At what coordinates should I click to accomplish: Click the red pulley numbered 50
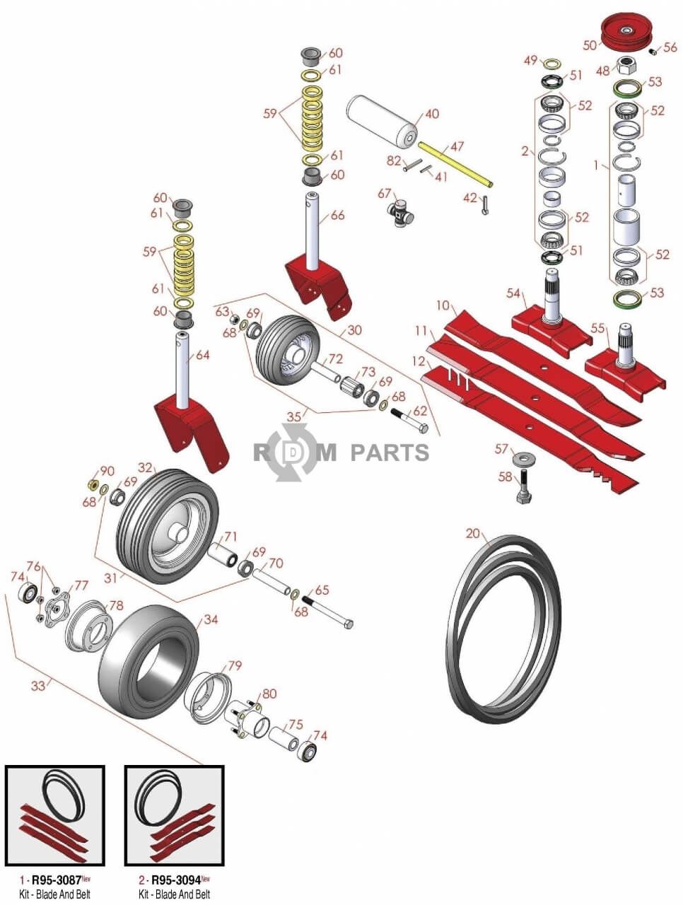[x=627, y=31]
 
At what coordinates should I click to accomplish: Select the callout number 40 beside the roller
[x=431, y=115]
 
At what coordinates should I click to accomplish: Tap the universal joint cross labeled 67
[x=402, y=211]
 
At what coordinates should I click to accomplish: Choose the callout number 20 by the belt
[x=473, y=534]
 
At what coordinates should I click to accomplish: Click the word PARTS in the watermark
[x=390, y=452]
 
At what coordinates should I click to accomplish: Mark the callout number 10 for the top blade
[x=443, y=305]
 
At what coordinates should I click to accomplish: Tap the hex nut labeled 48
[x=625, y=68]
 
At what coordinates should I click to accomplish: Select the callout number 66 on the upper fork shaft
[x=337, y=215]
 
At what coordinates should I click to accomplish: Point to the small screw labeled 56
[x=654, y=51]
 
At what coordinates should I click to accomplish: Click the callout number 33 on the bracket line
[x=37, y=686]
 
